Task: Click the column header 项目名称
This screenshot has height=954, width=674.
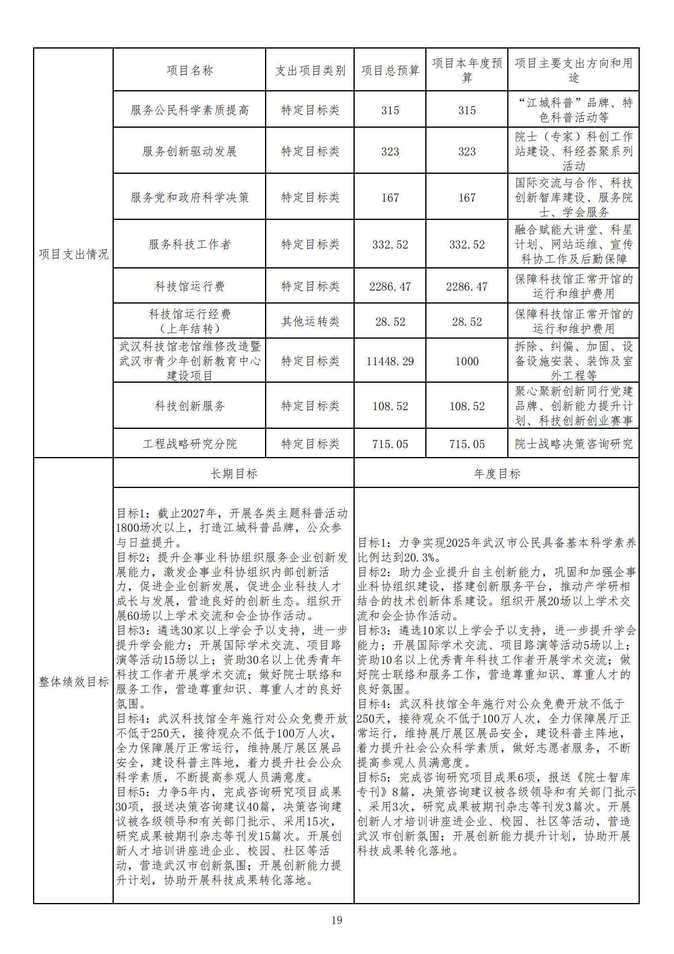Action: tap(189, 70)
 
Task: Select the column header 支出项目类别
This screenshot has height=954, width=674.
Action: tap(310, 71)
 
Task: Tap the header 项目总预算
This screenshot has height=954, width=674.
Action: tap(390, 71)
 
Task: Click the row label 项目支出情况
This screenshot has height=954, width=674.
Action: tap(73, 254)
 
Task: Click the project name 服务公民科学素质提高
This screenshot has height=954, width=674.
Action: tap(189, 110)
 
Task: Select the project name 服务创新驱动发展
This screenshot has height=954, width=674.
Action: tap(189, 151)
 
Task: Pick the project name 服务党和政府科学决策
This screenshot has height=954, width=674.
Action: tap(189, 197)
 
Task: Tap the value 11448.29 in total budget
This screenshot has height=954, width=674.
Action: tap(390, 361)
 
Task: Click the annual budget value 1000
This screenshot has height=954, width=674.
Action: tap(467, 361)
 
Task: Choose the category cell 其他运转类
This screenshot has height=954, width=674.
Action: tap(310, 321)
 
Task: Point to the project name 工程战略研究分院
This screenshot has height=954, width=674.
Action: tap(189, 444)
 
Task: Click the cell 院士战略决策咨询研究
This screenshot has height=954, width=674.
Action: tap(574, 444)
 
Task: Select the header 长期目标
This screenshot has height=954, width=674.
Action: tap(234, 473)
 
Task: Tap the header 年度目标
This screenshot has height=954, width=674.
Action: tap(497, 473)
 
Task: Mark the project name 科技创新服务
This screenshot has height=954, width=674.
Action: tap(189, 406)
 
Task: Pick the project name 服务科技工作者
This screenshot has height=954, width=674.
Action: tap(189, 244)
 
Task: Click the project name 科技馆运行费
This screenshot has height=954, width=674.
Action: tap(189, 286)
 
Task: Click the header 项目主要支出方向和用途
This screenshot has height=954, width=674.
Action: tap(574, 70)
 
